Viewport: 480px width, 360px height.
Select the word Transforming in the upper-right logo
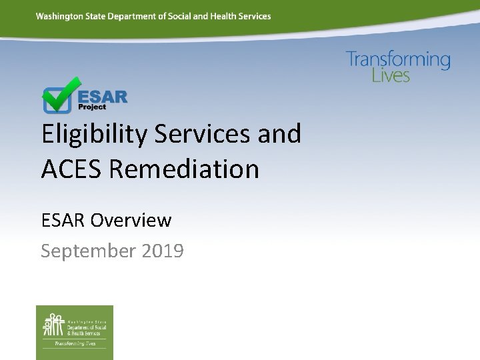398,60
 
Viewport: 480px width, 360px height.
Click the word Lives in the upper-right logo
391,75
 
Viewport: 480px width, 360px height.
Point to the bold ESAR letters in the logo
103,96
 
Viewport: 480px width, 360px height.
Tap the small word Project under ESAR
92,107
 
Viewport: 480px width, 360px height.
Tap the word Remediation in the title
184,169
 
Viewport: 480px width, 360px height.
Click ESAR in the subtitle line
63,219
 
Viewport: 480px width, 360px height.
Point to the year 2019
163,251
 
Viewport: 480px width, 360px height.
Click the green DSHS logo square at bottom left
75,332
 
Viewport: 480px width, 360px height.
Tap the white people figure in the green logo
53,325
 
